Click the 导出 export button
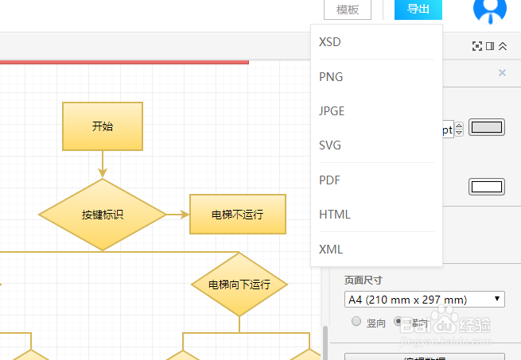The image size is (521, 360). tap(418, 10)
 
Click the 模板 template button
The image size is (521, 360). tap(348, 10)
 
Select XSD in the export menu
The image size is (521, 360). tap(330, 41)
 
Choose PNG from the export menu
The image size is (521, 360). tap(331, 76)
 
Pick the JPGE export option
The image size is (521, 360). tap(332, 111)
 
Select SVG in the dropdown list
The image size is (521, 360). tap(330, 145)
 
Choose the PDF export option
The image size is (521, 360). tap(329, 180)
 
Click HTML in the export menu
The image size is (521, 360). tap(334, 215)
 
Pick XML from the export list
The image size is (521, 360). tap(331, 250)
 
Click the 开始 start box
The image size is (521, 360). tap(103, 126)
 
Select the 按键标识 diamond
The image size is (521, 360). tap(103, 215)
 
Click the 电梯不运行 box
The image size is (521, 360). tap(237, 215)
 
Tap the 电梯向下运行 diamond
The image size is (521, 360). tap(239, 284)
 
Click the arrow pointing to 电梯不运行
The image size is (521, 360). tap(177, 215)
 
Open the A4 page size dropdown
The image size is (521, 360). tap(425, 300)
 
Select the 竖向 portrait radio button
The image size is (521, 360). tap(356, 322)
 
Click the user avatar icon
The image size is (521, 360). tap(490, 10)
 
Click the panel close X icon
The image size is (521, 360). tap(502, 73)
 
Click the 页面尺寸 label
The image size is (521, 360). tap(363, 281)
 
